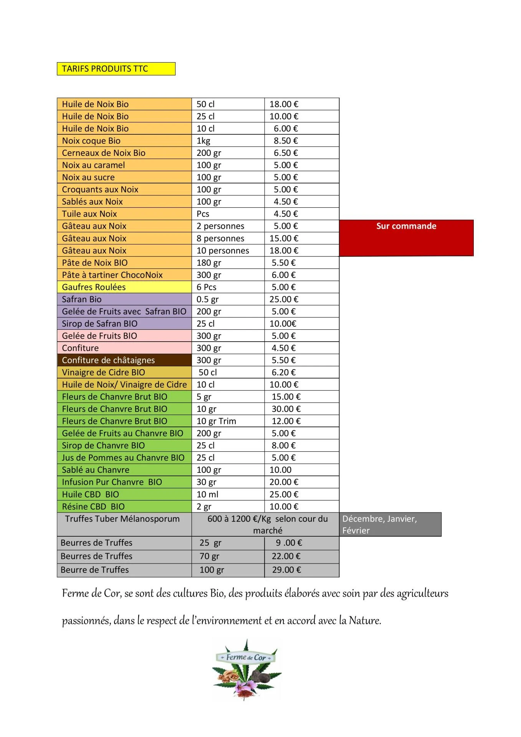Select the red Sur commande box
point(406,237)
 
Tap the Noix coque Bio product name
point(91,141)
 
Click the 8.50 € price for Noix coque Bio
point(286,141)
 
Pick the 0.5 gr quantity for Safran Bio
point(207,299)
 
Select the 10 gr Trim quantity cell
point(216,421)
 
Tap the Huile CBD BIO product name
point(91,494)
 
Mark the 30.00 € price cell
point(286,409)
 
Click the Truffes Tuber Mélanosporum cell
point(122,519)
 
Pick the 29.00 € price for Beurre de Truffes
point(286,570)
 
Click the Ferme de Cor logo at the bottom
point(246,670)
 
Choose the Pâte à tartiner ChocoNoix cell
point(112,275)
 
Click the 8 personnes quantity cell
point(220,238)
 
